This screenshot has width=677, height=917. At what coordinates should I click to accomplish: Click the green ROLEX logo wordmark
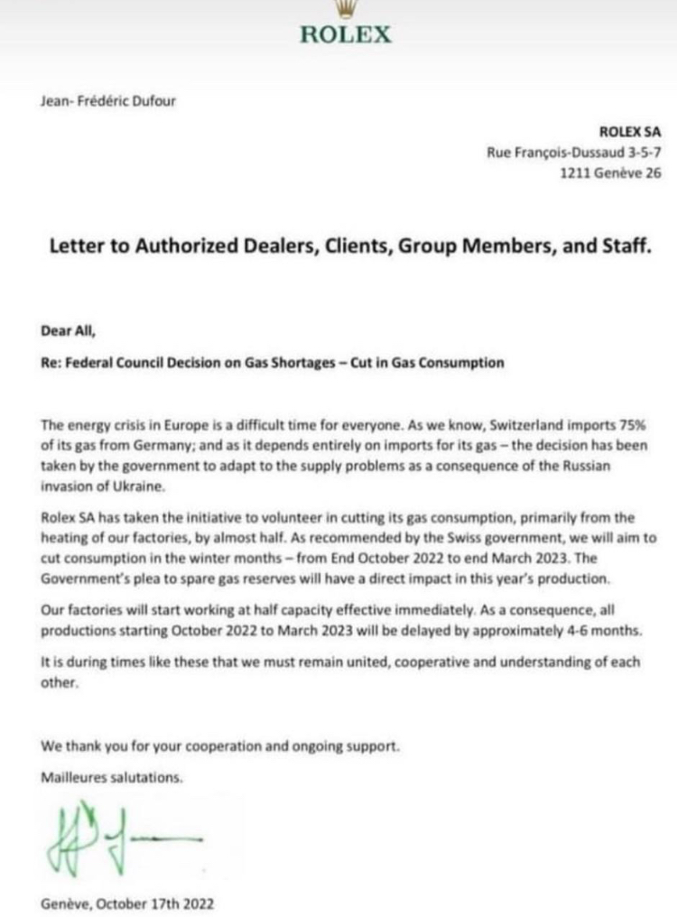(346, 34)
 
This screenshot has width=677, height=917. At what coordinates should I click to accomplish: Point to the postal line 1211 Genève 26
(611, 174)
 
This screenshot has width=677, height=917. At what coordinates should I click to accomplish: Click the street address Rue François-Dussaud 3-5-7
(574, 153)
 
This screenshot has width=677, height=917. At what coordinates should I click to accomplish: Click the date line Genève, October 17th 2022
(127, 902)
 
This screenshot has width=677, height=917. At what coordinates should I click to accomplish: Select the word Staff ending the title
(625, 246)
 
